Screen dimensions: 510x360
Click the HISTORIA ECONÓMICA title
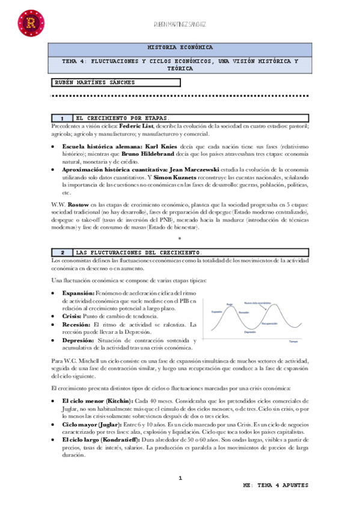180,47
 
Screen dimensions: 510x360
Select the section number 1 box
62,118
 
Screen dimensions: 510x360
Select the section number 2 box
62,252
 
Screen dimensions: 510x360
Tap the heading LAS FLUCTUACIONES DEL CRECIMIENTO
139,252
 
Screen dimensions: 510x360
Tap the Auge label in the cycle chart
229,304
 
